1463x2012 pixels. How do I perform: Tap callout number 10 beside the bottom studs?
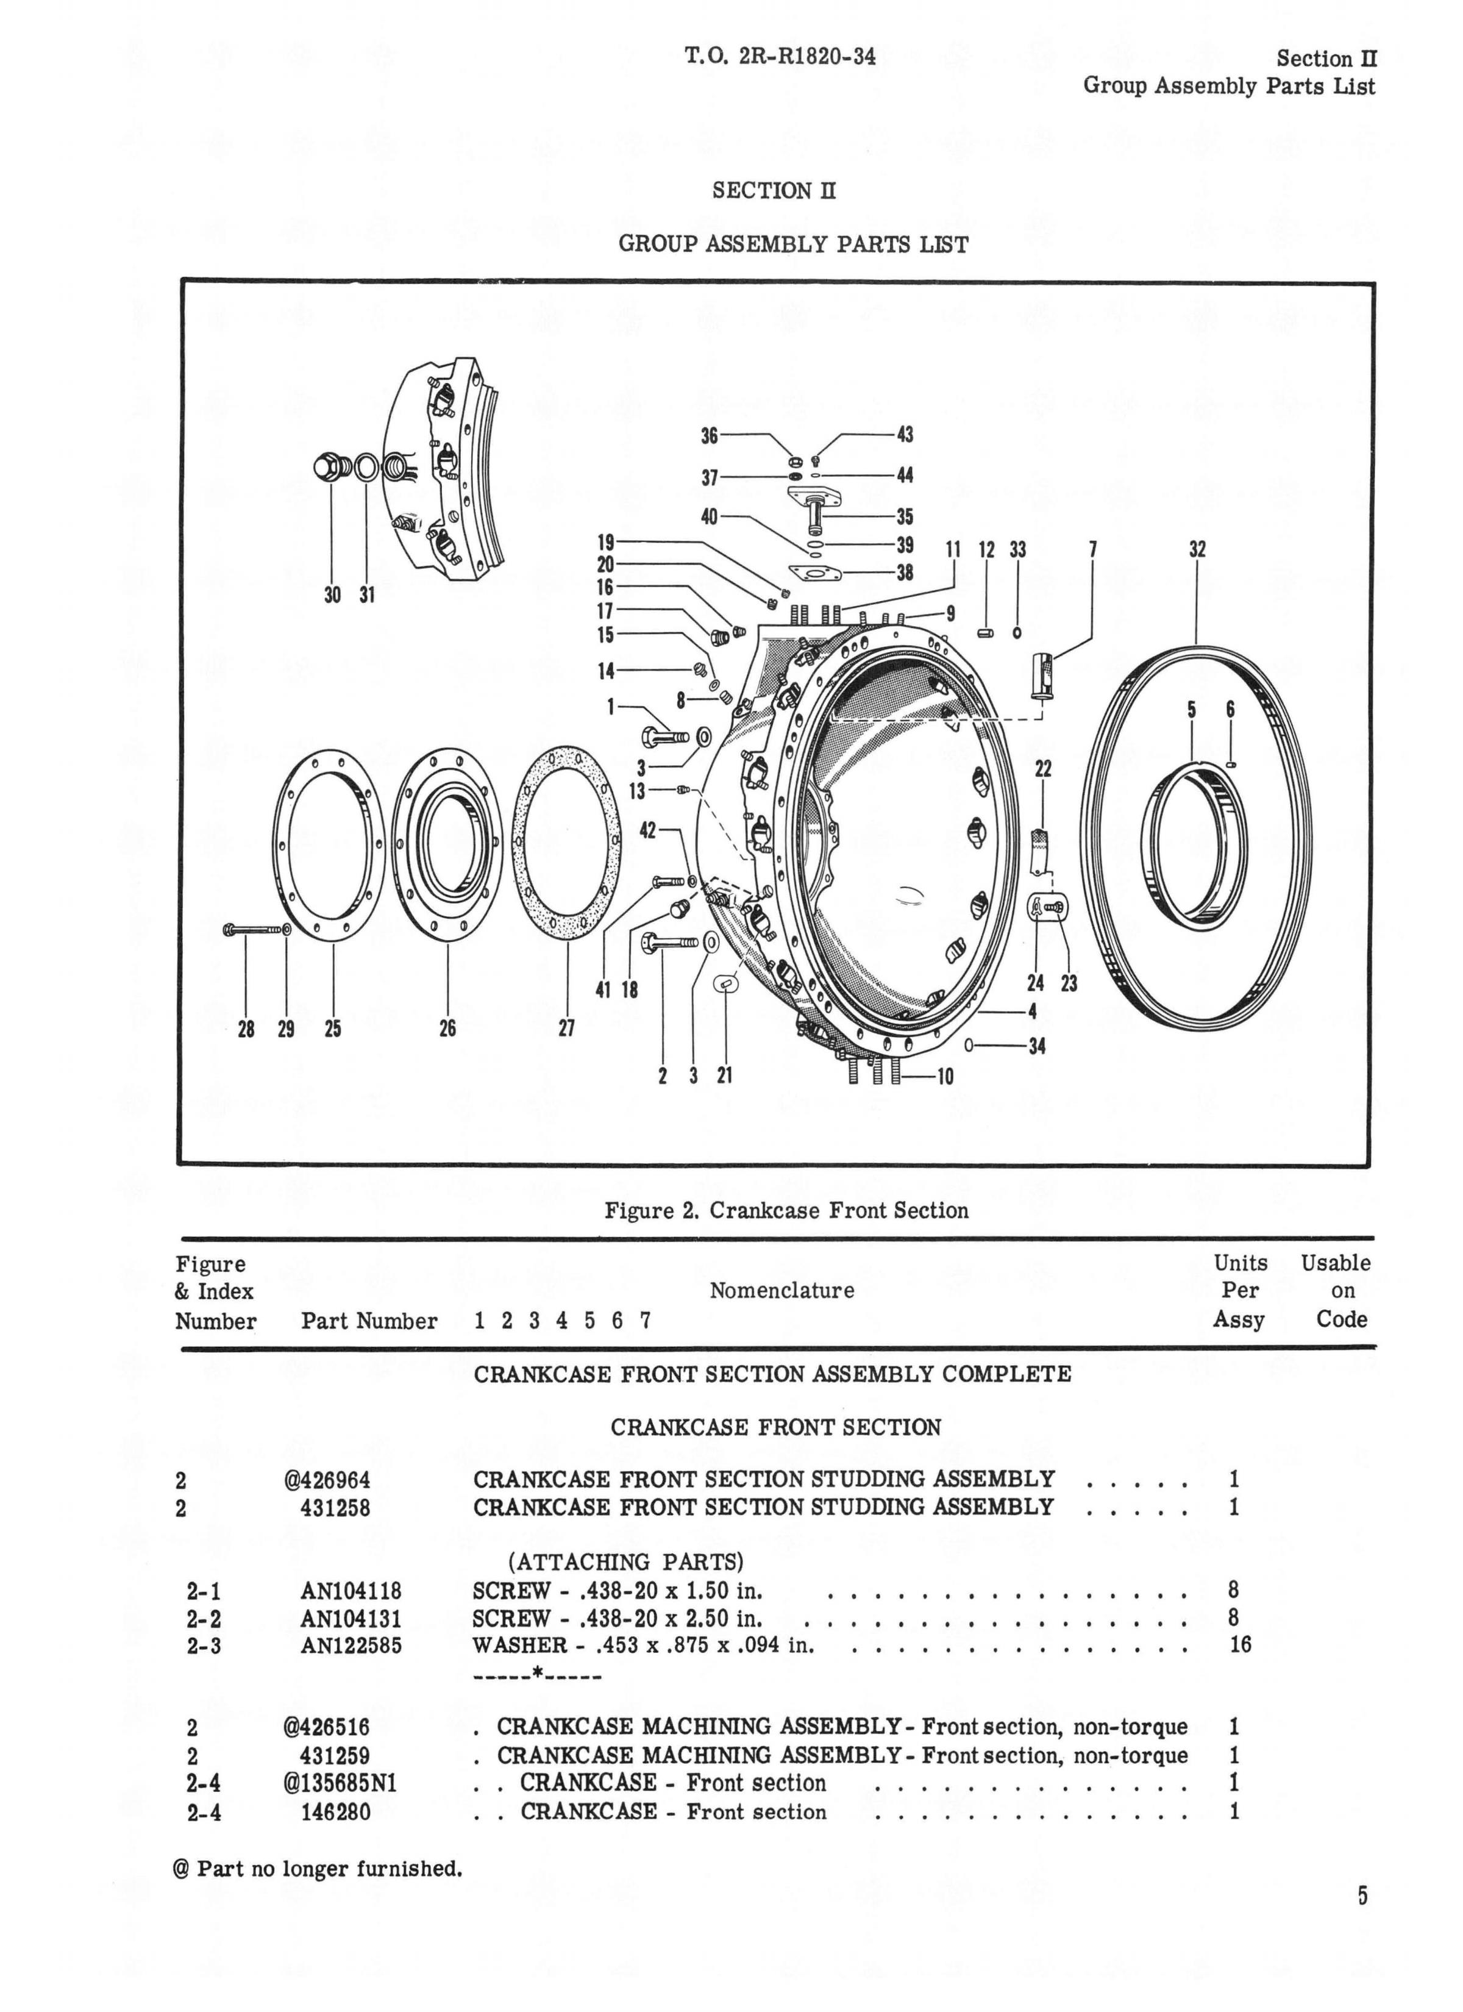945,1076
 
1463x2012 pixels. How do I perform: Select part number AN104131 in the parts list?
351,1618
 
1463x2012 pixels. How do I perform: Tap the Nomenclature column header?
781,1291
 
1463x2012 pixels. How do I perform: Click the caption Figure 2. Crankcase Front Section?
786,1211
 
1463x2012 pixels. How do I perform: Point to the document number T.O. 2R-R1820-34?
780,57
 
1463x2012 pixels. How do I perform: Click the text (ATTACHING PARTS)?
625,1561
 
